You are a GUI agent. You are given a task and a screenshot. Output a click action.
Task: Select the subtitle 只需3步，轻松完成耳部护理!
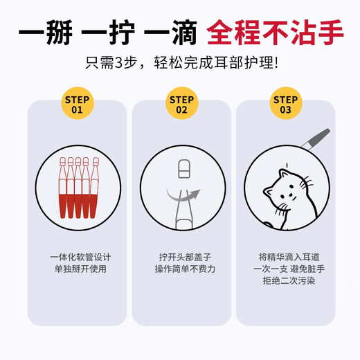pos(180,64)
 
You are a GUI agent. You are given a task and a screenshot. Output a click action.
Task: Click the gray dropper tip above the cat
pos(320,137)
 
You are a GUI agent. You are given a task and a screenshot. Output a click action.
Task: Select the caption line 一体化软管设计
pos(76,255)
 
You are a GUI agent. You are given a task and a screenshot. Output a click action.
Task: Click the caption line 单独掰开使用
pos(76,269)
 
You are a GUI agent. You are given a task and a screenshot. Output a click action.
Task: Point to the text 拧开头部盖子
pos(181,255)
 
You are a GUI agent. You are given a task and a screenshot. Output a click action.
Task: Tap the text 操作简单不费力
pos(181,269)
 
